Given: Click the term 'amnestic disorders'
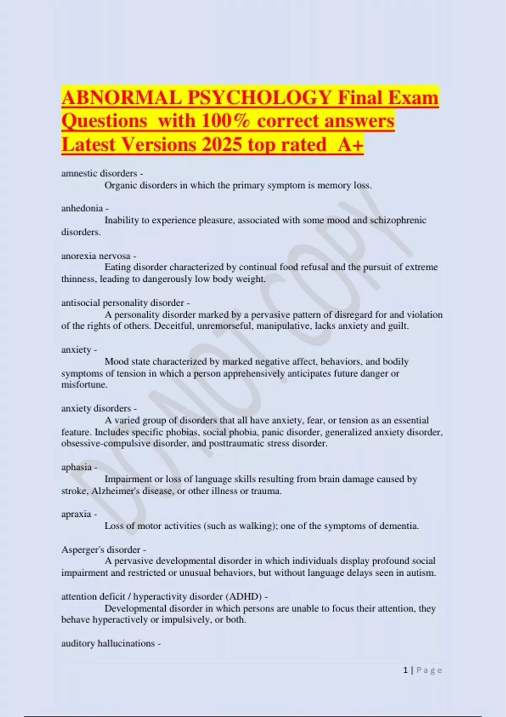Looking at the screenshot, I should (x=99, y=173).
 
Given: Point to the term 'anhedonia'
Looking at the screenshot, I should (x=82, y=208).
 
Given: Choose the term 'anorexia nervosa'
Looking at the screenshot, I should (x=96, y=256).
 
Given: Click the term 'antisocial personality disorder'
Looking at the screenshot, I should (x=123, y=303).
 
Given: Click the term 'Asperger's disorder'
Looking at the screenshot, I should (x=101, y=550).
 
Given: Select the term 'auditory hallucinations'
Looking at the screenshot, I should (x=108, y=643).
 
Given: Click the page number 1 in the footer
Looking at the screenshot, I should (x=406, y=670).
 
